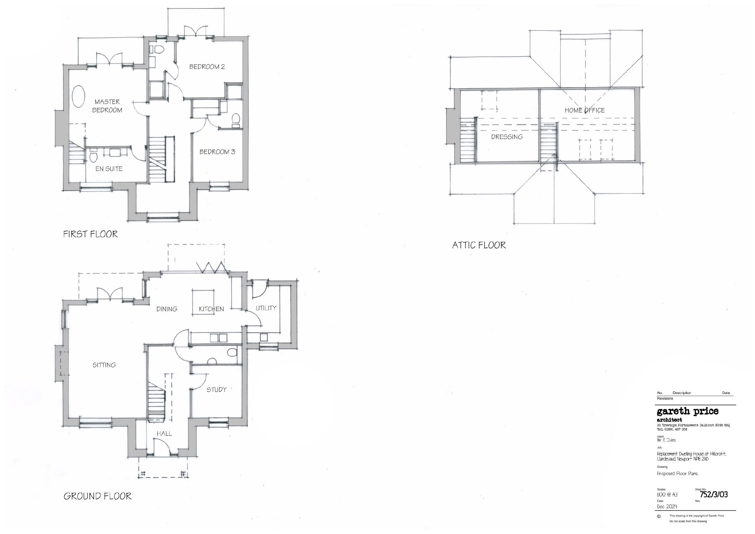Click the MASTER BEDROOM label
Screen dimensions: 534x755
[107, 106]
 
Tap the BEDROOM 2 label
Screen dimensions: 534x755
[207, 67]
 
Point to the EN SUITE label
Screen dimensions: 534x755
[109, 169]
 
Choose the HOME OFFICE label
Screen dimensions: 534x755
[584, 110]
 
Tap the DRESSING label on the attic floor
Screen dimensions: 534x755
[507, 137]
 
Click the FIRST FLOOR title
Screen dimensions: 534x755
[90, 234]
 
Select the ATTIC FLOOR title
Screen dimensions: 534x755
[479, 245]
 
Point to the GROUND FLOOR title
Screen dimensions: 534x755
[97, 496]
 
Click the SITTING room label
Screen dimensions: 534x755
[104, 365]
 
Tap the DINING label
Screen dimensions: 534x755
[167, 309]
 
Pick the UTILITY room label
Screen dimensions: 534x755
[266, 308]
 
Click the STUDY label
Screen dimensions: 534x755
[216, 389]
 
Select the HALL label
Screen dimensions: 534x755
[164, 434]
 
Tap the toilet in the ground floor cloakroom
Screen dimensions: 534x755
[232, 352]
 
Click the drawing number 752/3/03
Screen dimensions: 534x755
[714, 494]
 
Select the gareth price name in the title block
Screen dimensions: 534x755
[687, 411]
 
